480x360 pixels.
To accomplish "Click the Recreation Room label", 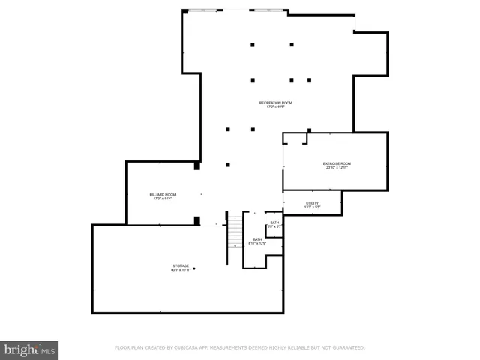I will pyautogui.click(x=275, y=102).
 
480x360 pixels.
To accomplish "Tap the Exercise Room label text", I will pyautogui.click(x=337, y=163).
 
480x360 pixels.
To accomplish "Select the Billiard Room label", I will pyautogui.click(x=163, y=195).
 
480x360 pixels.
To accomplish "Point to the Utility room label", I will pyautogui.click(x=313, y=203).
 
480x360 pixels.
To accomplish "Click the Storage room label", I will pyautogui.click(x=181, y=265).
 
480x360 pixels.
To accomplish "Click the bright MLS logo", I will pyautogui.click(x=29, y=349).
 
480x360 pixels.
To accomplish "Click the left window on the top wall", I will pyautogui.click(x=205, y=10).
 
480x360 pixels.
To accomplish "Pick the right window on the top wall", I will pyautogui.click(x=268, y=10).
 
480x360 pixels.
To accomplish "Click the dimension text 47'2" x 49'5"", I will pyautogui.click(x=275, y=106).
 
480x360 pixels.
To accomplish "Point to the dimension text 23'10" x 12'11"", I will pyautogui.click(x=337, y=168).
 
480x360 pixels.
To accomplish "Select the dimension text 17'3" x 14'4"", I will pyautogui.click(x=163, y=199).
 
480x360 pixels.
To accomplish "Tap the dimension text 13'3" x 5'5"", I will pyautogui.click(x=313, y=207).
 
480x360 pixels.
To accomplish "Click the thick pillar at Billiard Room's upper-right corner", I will pyautogui.click(x=197, y=166).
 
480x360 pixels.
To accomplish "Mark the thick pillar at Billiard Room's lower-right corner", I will pyautogui.click(x=197, y=220).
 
